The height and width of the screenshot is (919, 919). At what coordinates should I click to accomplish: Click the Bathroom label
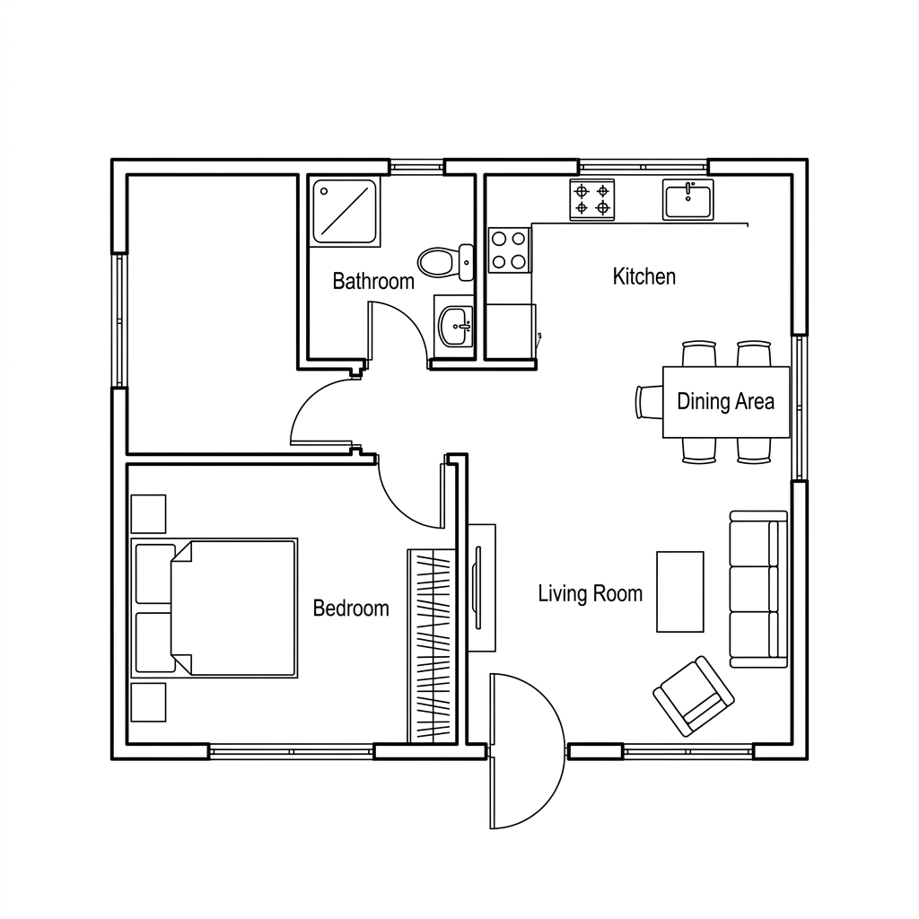pyautogui.click(x=373, y=281)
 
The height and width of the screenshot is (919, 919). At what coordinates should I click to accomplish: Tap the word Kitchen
pyautogui.click(x=644, y=276)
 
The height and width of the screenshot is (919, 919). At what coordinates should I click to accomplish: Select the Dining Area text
pyautogui.click(x=725, y=401)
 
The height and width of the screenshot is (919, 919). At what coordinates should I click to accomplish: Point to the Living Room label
pyautogui.click(x=591, y=593)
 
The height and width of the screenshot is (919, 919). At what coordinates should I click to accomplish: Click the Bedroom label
pyautogui.click(x=351, y=608)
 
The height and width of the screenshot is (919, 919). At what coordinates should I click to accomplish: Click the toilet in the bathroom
pyautogui.click(x=446, y=262)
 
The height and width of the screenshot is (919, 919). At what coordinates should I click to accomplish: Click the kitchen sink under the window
pyautogui.click(x=688, y=200)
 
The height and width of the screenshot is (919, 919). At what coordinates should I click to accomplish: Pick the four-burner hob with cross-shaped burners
pyautogui.click(x=592, y=200)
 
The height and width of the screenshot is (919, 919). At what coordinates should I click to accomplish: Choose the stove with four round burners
pyautogui.click(x=509, y=249)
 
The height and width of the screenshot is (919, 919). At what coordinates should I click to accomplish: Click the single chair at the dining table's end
pyautogui.click(x=650, y=402)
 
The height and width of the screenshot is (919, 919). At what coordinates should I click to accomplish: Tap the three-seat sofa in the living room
pyautogui.click(x=758, y=589)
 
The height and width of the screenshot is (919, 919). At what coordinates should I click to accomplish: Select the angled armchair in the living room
pyautogui.click(x=694, y=696)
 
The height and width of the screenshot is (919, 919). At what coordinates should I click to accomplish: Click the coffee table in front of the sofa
pyautogui.click(x=680, y=591)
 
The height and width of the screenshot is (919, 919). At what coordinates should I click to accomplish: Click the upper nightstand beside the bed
pyautogui.click(x=148, y=514)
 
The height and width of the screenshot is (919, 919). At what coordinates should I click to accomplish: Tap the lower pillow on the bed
pyautogui.click(x=155, y=643)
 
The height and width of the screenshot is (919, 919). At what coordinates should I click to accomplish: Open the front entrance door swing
pyautogui.click(x=528, y=751)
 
